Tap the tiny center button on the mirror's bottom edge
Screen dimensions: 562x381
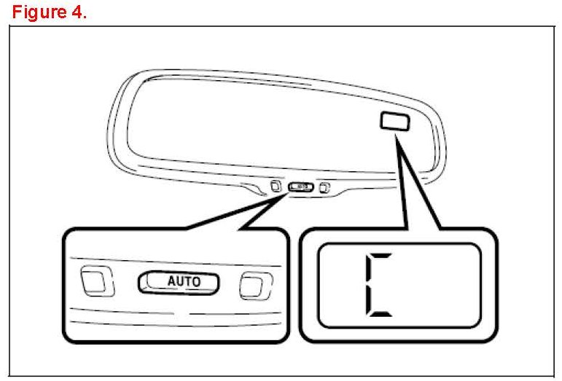coord(300,187)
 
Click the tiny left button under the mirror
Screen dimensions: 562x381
coord(275,185)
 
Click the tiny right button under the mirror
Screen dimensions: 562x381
coord(324,189)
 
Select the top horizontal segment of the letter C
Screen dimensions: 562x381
coord(380,256)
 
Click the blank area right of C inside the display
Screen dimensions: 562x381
coord(437,285)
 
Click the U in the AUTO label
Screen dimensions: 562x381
coord(179,280)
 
